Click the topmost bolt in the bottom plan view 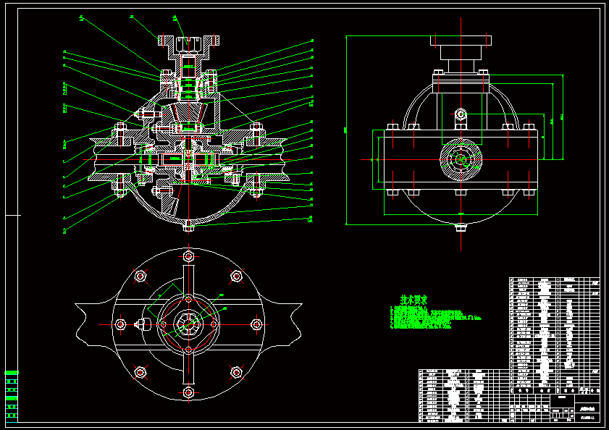(188, 256)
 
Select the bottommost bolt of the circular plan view (188, 392)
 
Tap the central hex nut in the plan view (188, 324)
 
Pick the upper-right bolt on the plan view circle (236, 276)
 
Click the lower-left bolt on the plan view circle (140, 373)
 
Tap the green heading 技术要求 (413, 299)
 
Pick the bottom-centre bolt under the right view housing (461, 193)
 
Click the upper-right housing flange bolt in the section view (255, 129)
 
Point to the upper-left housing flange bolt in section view (119, 129)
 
